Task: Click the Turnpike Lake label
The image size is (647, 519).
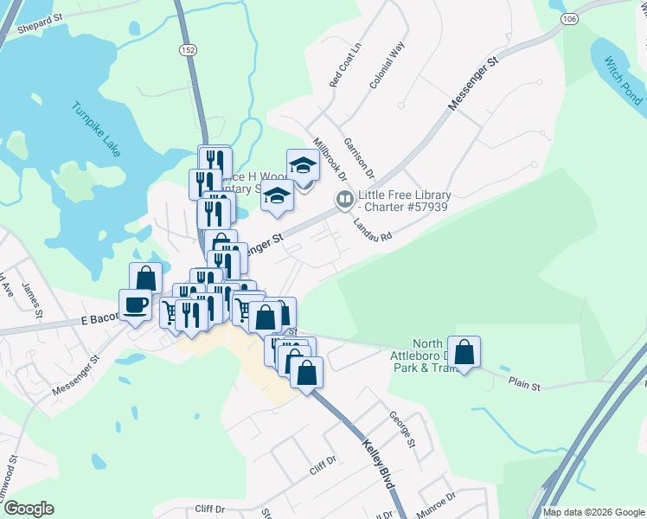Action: [x=96, y=131]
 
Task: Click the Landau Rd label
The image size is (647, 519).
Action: [x=373, y=224]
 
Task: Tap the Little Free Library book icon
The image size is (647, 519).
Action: [x=343, y=201]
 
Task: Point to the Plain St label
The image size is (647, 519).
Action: [x=524, y=381]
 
